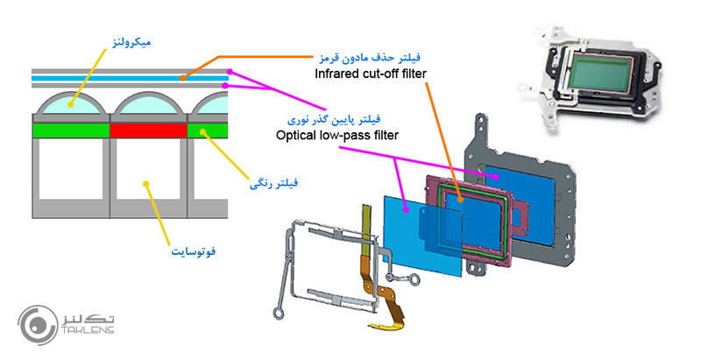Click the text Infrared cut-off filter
click(371, 74)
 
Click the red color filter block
click(148, 131)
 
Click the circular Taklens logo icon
click(37, 323)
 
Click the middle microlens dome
click(148, 106)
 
